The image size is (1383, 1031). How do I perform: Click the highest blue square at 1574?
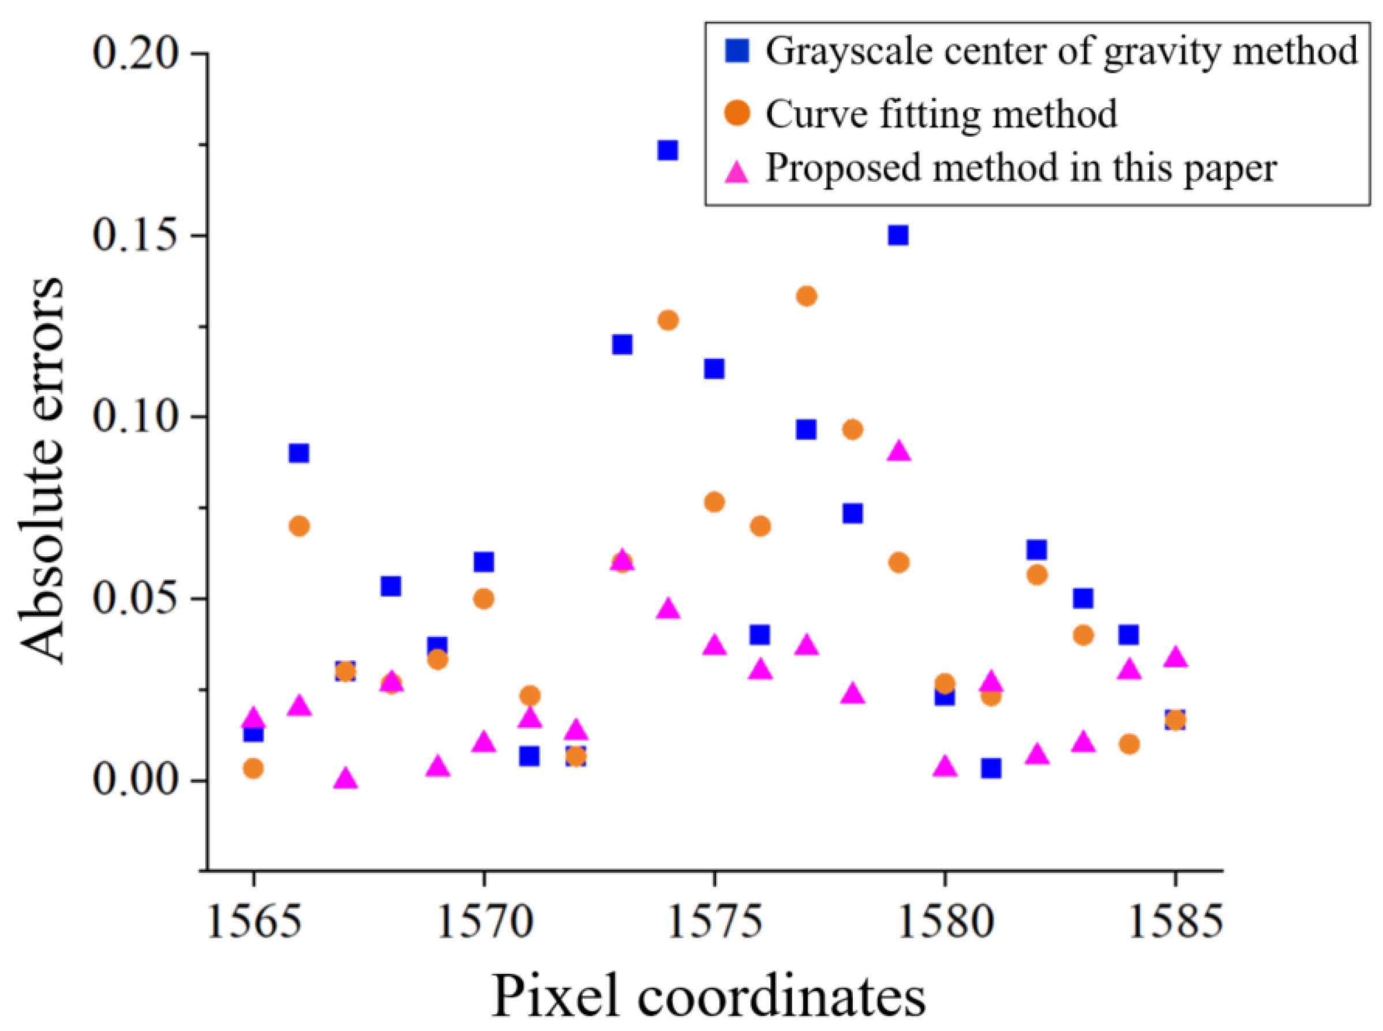[667, 151]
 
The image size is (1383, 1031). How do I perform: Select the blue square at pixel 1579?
[898, 235]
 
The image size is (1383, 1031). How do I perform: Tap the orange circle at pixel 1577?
[807, 296]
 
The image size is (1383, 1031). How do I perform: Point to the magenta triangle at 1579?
[899, 451]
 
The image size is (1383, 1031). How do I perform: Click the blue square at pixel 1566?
[299, 452]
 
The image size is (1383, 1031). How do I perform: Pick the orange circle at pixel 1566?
[299, 526]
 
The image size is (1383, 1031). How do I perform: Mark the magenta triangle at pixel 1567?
[345, 778]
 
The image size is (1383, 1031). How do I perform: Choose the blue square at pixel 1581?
[991, 768]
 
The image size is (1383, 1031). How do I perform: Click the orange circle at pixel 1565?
[253, 768]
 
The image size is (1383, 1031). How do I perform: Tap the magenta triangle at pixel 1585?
[1175, 657]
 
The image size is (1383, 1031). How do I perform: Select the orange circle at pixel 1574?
[668, 320]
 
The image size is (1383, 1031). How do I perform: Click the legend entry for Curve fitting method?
[942, 114]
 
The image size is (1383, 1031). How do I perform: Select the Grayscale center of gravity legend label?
[1062, 50]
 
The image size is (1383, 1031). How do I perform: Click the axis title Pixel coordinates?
[709, 995]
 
